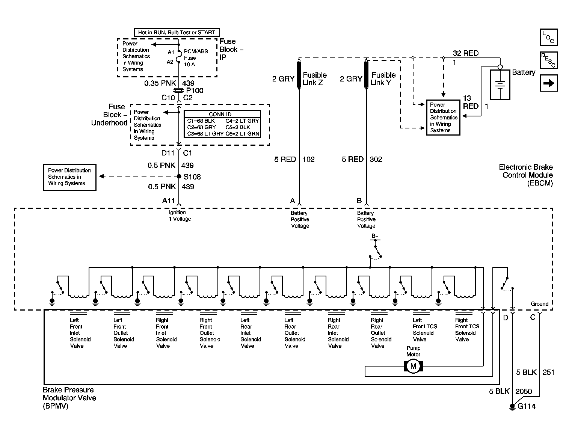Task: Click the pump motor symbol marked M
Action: point(413,366)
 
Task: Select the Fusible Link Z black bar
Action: point(299,74)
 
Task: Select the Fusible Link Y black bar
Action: point(367,74)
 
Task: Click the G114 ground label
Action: point(527,406)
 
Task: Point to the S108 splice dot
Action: point(179,177)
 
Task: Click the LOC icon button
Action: point(549,37)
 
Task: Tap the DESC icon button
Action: point(549,60)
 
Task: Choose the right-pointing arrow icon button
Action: point(549,83)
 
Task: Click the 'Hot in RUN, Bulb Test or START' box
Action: point(177,32)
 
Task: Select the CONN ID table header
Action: point(220,114)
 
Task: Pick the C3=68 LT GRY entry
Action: point(205,134)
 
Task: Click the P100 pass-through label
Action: point(195,91)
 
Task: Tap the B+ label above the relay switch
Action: point(375,236)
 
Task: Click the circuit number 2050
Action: point(524,391)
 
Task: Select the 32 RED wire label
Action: point(466,53)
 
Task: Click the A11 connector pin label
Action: point(169,201)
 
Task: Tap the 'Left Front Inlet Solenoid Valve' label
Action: point(80,333)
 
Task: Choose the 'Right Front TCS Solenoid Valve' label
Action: point(467,330)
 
